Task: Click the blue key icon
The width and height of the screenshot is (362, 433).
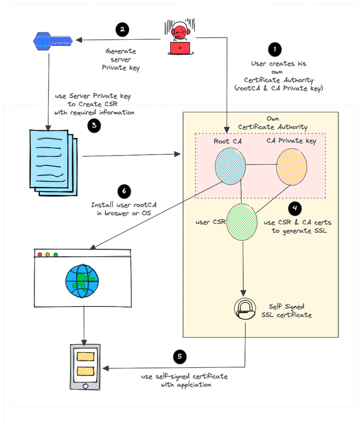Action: (51, 41)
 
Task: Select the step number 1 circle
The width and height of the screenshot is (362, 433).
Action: (275, 49)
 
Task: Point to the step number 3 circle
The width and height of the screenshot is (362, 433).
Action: (94, 125)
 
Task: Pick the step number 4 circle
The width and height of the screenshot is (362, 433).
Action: (294, 209)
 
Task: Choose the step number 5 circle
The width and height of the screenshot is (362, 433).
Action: (179, 356)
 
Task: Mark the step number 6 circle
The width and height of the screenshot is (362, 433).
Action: (124, 191)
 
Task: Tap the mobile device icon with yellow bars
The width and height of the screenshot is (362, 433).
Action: (85, 367)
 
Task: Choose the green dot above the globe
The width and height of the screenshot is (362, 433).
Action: (56, 254)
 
